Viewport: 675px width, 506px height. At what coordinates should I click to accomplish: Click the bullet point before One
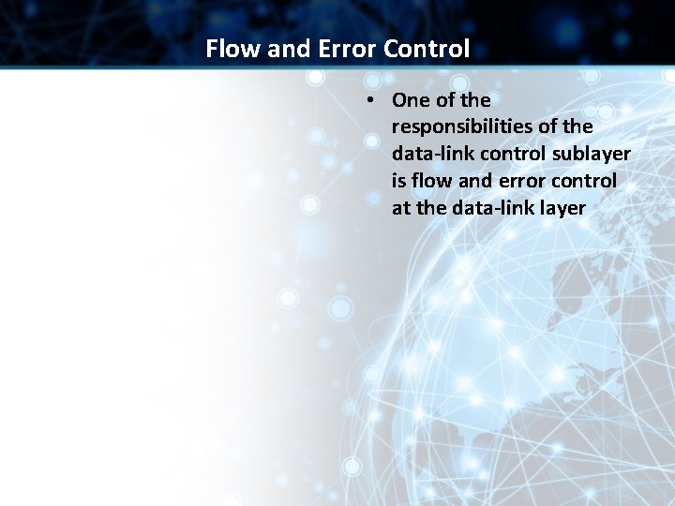[372, 100]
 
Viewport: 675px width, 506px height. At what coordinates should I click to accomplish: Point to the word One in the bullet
[412, 100]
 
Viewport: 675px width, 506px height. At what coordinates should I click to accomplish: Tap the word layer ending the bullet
[562, 208]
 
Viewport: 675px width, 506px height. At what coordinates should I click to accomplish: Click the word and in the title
[289, 49]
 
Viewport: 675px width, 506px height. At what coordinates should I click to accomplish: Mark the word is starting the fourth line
[398, 181]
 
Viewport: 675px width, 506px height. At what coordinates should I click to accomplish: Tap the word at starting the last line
[401, 208]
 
